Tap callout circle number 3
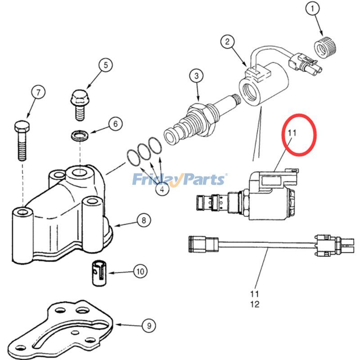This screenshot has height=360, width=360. point(196,76)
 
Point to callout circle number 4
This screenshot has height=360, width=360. point(162,189)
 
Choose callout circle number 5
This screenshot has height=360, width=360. point(105,65)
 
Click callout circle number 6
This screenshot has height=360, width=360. point(115,123)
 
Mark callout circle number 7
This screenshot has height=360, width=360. point(38,93)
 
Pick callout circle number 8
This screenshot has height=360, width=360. point(144,220)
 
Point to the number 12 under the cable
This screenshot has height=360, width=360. point(255,304)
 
